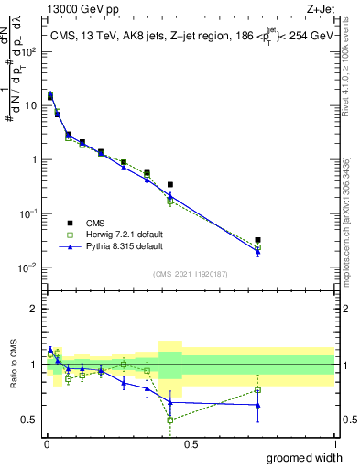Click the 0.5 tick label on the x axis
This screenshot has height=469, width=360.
click(x=190, y=444)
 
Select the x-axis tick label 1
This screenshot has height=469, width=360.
click(x=334, y=444)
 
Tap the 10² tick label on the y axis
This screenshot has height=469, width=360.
click(x=29, y=51)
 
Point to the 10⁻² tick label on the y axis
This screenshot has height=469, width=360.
click(x=29, y=267)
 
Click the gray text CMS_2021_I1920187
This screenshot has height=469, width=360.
click(x=190, y=274)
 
